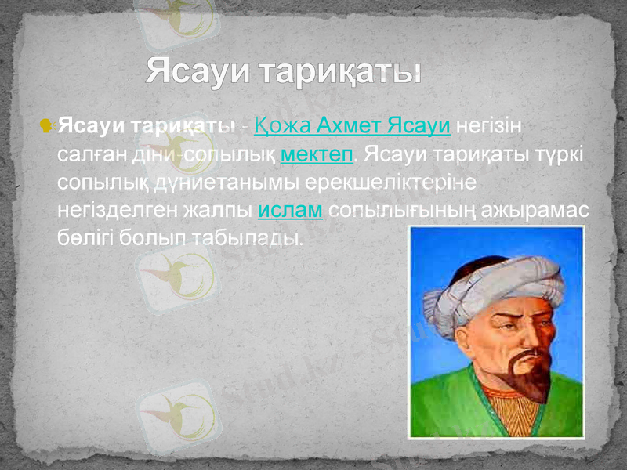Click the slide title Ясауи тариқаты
click(x=284, y=73)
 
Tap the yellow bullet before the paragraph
click(x=45, y=125)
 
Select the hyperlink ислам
click(x=290, y=211)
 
